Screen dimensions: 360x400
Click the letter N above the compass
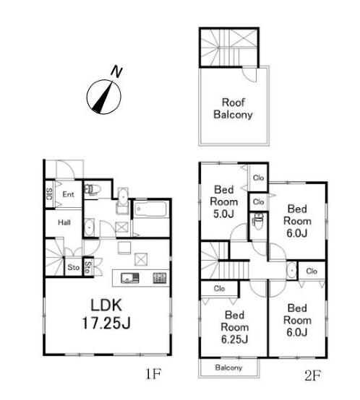coord(116,71)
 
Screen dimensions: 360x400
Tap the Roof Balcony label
coord(233,108)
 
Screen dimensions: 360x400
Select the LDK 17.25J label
coord(106,314)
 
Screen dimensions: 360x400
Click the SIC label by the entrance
coord(50,194)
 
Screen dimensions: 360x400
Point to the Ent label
coord(68,194)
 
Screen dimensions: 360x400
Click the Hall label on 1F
coord(64,222)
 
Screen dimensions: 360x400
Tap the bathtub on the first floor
coord(151,209)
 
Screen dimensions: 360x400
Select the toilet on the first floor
coord(92,189)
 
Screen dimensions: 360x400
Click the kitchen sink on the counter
coord(129,278)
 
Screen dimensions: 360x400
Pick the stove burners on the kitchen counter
coord(160,278)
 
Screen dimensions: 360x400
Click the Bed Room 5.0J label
coord(223,201)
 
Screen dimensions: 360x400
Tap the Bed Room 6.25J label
coord(235,327)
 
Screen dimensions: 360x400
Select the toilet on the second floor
coord(258,221)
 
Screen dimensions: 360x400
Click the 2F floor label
coord(312,375)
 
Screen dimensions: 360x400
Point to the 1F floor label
coord(153,374)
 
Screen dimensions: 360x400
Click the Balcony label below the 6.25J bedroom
coord(228,368)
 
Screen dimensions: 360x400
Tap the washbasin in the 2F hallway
coord(291,271)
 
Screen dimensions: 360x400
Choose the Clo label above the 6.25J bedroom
coord(219,289)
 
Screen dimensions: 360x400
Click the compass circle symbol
coord(103,97)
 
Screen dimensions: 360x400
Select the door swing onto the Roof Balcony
coord(249,74)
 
